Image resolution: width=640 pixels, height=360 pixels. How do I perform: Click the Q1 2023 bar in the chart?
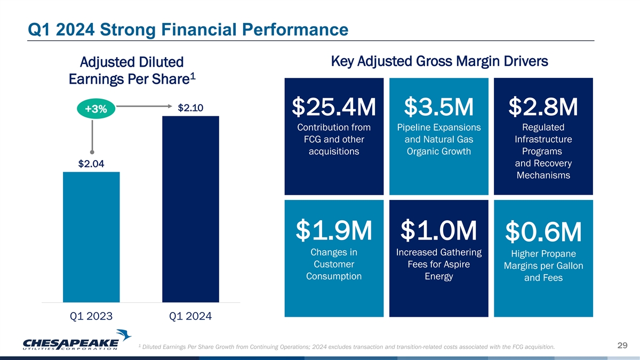pos(91,237)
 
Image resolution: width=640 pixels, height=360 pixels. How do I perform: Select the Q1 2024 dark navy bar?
pos(190,209)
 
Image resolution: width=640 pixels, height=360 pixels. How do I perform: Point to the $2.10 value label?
pos(190,108)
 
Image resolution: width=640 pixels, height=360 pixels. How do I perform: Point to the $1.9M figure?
pos(334,230)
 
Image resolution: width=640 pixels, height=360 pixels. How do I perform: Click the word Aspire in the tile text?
pos(457,265)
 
